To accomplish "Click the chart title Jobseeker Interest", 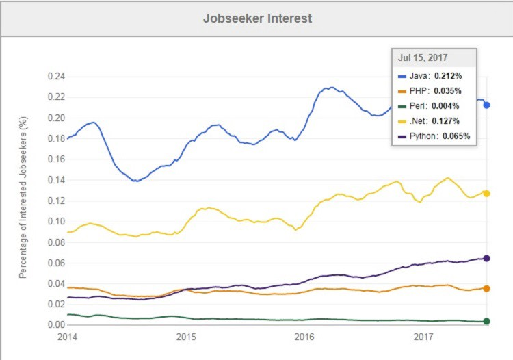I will pos(257,18).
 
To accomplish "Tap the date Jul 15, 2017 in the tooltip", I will pos(419,58).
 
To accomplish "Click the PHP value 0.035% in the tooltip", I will pos(447,91).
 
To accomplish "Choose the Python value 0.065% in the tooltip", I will pos(455,136).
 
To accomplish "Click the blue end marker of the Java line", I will pos(486,105).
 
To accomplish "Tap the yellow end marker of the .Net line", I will pos(486,194).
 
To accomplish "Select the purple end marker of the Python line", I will pos(486,258).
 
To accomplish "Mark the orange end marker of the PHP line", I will pos(486,289).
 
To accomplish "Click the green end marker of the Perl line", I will pos(486,321).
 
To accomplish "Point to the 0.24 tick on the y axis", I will pos(55,77).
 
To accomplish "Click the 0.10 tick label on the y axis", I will pos(55,222).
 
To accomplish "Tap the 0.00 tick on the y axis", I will pos(55,325).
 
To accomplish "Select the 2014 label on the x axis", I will pos(68,337).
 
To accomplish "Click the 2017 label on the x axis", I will pos(423,337).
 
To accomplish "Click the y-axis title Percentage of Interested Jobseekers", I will pos(23,198).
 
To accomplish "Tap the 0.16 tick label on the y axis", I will pos(55,159).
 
